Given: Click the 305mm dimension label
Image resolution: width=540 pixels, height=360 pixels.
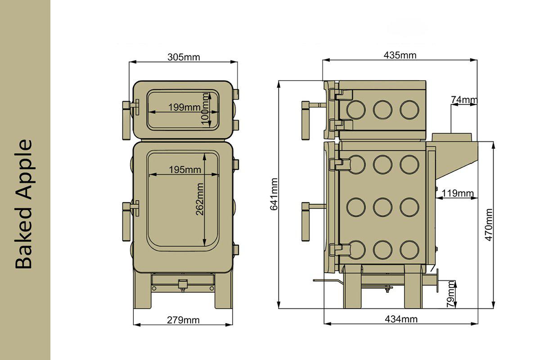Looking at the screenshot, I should (x=183, y=57).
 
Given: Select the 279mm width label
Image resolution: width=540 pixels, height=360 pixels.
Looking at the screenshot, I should (x=183, y=320).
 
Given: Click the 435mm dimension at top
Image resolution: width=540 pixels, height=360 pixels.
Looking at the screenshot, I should (x=400, y=55).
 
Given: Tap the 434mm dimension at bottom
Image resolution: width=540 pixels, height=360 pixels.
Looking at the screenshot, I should (x=401, y=319).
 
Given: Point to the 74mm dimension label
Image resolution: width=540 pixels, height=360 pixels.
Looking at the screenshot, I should (x=464, y=99).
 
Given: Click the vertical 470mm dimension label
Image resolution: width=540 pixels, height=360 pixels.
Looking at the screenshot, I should (x=489, y=225).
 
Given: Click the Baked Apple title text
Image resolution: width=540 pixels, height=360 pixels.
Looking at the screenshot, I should (x=24, y=204).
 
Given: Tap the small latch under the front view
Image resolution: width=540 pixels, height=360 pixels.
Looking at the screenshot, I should (x=183, y=285).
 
